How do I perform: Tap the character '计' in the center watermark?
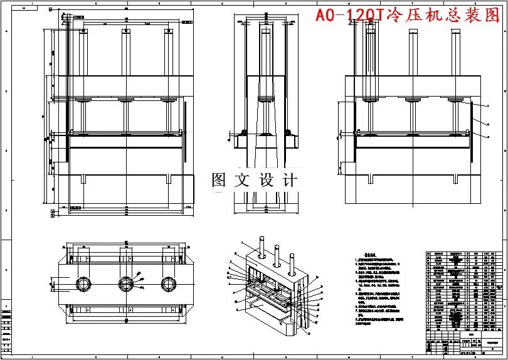(x=289, y=181)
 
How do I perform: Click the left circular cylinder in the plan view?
(x=83, y=283)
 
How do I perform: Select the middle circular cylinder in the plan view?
(x=126, y=283)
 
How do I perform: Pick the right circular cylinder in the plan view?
(x=167, y=283)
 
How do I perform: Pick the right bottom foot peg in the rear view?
(x=455, y=179)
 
